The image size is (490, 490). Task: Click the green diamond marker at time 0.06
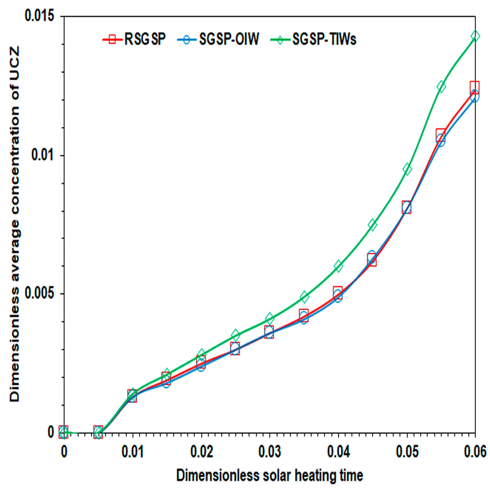click(x=475, y=36)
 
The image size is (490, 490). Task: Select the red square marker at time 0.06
click(x=474, y=86)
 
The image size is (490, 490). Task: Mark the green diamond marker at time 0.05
click(x=407, y=169)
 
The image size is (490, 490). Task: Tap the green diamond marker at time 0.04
click(x=338, y=266)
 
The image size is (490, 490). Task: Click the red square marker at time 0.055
click(x=440, y=134)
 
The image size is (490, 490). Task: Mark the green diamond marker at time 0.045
click(x=372, y=224)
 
